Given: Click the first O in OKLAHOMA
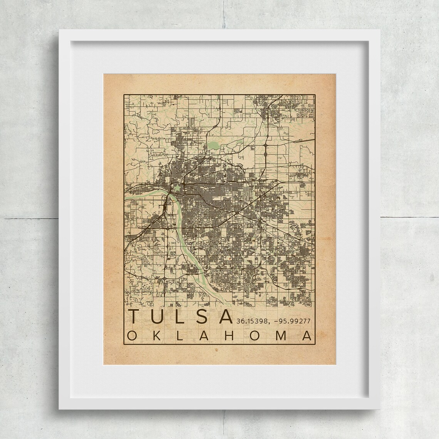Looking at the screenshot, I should tap(131, 335).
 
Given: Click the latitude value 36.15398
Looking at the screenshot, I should tap(249, 320).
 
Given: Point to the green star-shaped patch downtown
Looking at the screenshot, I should tap(178, 189).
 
